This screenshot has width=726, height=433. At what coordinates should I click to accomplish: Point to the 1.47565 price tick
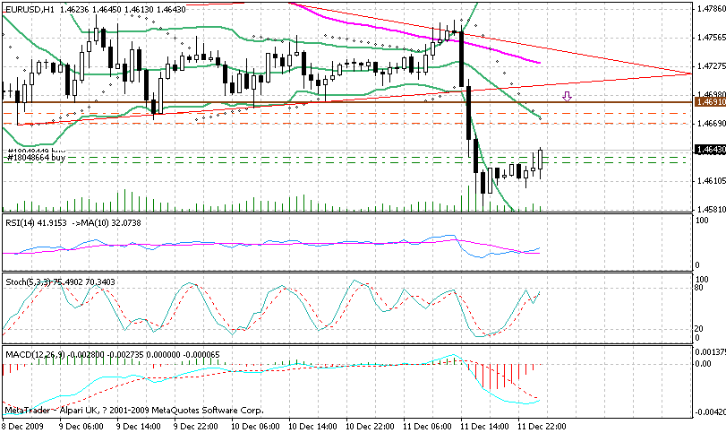(x=710, y=37)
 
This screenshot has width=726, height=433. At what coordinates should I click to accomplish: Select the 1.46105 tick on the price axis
(x=710, y=180)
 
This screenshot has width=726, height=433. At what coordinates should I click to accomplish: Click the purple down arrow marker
(x=566, y=95)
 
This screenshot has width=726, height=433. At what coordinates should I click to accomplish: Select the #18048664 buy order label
(x=36, y=158)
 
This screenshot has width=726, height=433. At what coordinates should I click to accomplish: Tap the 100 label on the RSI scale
(x=703, y=221)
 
